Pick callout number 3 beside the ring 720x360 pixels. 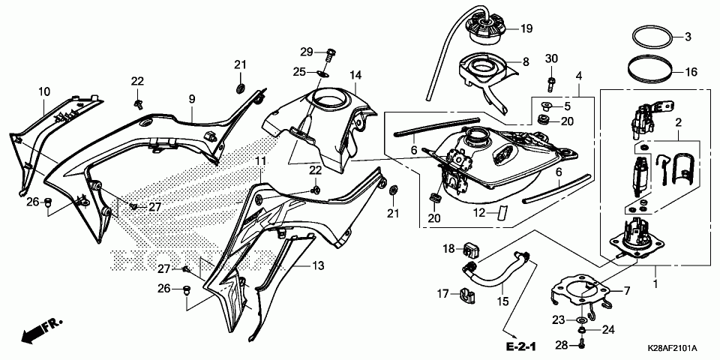click(687, 37)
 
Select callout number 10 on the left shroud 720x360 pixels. click(44, 91)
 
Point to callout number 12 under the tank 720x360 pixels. click(481, 212)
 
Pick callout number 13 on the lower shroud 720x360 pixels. click(318, 265)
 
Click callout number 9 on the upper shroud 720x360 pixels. click(191, 99)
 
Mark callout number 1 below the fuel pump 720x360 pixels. click(655, 286)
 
